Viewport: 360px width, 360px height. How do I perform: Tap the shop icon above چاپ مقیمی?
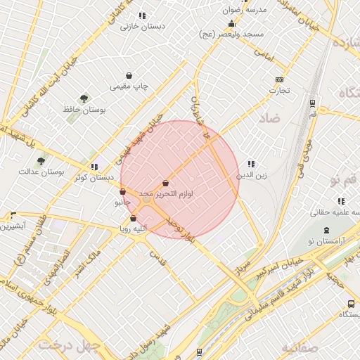[x=129, y=75]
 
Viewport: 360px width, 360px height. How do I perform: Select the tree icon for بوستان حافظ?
[x=84, y=99]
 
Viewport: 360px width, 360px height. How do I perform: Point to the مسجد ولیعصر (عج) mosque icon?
[x=231, y=24]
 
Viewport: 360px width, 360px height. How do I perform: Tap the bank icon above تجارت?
[x=280, y=80]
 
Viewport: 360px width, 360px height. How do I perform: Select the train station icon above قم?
[x=313, y=103]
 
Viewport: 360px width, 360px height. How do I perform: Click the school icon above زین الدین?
[x=251, y=164]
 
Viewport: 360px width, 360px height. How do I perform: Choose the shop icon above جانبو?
[x=123, y=191]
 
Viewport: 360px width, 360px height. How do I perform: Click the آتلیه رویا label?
[x=132, y=229]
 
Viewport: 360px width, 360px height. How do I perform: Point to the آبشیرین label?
[x=13, y=226]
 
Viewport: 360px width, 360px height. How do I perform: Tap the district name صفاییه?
[x=300, y=347]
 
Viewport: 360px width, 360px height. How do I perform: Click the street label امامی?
[x=263, y=52]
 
